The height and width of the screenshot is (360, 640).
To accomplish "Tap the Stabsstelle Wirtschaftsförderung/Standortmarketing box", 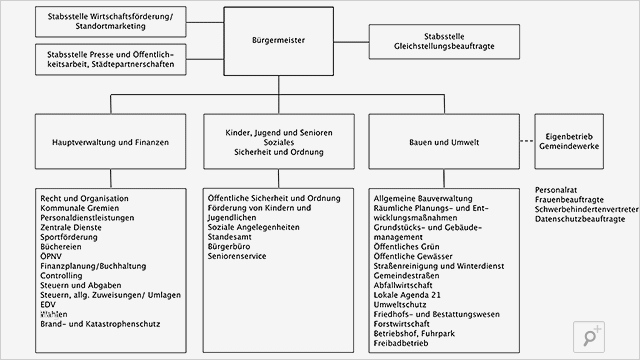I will point(110,20).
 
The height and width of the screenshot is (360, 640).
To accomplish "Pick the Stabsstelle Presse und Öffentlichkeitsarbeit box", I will point(110,59).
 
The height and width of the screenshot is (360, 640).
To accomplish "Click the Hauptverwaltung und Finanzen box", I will point(110,143).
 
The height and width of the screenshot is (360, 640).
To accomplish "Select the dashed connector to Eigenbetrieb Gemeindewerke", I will point(522,142).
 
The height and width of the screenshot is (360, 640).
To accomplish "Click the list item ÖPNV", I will point(53,257).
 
